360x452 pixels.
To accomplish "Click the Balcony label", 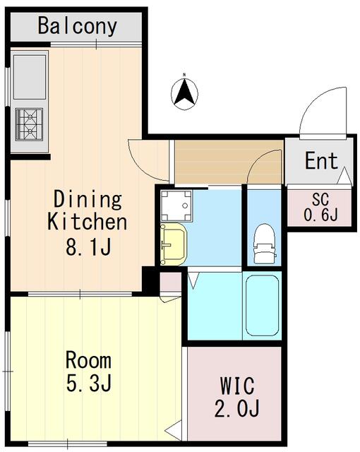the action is point(77,26).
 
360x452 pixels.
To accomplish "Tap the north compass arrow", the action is point(184,93).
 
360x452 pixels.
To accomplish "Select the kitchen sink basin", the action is point(30,77).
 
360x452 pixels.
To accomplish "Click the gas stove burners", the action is point(29,124).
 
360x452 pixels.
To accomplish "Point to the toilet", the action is point(265,244).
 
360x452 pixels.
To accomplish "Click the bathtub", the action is point(263,306).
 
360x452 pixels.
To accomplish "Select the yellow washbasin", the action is point(174,244).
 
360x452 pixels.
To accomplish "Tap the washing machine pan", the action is point(176,206).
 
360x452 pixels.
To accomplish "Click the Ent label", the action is point(321,161).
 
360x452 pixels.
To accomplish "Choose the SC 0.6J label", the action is point(320,207).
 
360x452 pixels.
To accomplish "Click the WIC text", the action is point(237,386).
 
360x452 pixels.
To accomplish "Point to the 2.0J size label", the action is point(236,408).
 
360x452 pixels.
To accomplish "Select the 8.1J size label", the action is point(88,246).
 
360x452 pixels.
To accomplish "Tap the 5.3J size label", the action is point(89,383).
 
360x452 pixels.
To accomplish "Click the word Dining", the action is point(88,199).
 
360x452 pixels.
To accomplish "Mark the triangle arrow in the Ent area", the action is point(344,176).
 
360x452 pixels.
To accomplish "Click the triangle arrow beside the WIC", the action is point(173,430).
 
